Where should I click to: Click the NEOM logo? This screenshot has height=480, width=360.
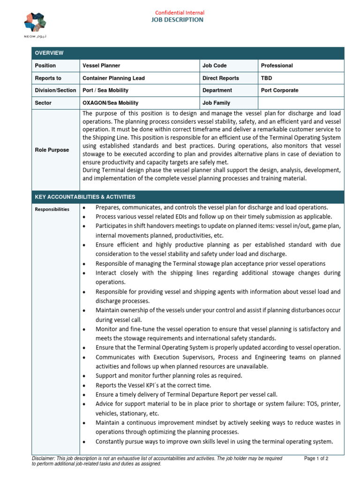(35, 25)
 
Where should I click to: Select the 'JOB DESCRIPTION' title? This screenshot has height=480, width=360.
(177, 20)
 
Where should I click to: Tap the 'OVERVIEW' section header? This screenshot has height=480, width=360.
(49, 53)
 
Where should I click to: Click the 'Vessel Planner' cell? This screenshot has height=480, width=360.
(101, 66)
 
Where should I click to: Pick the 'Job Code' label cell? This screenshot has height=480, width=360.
(214, 66)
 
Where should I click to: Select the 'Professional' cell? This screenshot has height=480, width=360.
(277, 66)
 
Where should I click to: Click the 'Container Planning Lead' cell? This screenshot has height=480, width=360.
(113, 78)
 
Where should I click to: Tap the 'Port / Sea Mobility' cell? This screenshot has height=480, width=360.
(105, 90)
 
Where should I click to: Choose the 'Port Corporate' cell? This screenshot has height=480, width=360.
(279, 90)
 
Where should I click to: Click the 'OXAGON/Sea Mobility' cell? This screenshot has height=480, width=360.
(110, 103)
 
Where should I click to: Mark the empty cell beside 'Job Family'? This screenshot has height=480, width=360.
(300, 103)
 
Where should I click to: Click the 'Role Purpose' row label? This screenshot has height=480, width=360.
(52, 150)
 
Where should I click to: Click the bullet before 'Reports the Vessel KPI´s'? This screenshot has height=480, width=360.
(84, 385)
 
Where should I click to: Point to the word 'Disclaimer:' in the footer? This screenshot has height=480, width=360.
(43, 458)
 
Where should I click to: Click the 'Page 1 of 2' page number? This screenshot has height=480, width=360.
(316, 458)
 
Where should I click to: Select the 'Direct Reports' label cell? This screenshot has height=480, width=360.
(220, 78)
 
